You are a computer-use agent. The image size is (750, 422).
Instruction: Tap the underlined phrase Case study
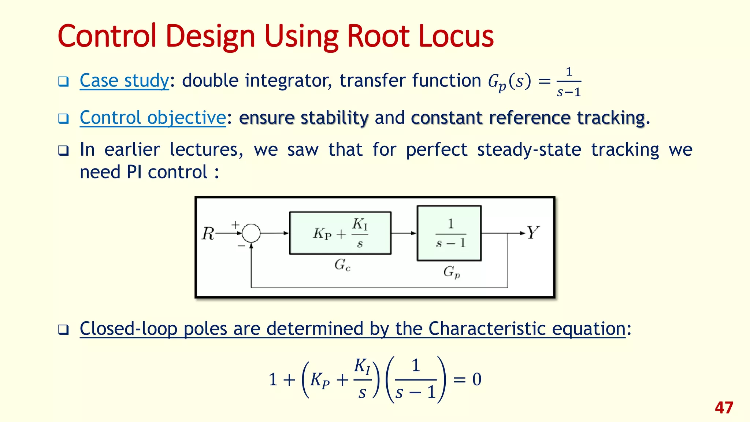(124, 81)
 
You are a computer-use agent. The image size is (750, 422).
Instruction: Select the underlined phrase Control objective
(153, 118)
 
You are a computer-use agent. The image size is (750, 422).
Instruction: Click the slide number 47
(724, 408)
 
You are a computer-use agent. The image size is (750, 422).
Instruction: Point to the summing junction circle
(251, 233)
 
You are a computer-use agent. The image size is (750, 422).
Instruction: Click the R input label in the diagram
(208, 233)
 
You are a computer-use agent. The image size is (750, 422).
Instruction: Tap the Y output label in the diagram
(533, 233)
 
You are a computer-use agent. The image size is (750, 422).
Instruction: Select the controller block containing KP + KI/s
(340, 233)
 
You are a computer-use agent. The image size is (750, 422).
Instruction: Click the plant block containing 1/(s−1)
(449, 233)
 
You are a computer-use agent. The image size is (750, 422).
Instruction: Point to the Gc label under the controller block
(342, 264)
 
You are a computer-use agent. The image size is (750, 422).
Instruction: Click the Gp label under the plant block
(451, 272)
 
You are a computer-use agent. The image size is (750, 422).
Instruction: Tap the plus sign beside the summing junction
(235, 224)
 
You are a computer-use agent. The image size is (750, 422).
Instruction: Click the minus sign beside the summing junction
(241, 245)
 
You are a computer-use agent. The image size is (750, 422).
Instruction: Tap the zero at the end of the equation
(476, 379)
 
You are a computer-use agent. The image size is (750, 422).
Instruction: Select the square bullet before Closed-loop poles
(63, 330)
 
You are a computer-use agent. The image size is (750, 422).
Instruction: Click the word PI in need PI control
(134, 172)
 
